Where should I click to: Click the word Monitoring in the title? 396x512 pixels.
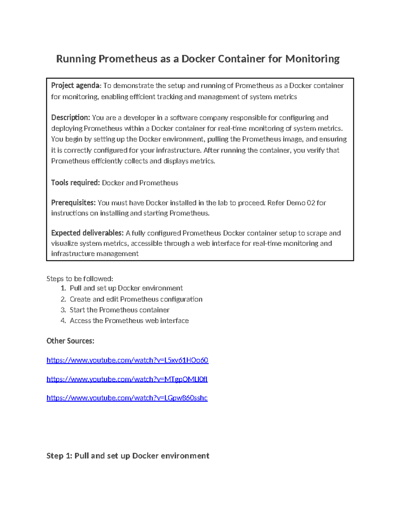(312, 59)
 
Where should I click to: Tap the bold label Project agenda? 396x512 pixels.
(75, 86)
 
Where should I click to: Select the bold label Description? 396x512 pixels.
(70, 118)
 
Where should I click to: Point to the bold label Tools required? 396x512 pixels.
(75, 183)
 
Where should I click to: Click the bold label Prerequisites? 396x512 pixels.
(73, 203)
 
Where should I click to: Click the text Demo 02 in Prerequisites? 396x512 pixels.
(301, 203)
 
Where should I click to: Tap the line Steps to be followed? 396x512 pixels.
(80, 279)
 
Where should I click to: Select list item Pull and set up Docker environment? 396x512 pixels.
(126, 288)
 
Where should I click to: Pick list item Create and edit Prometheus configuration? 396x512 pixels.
(136, 299)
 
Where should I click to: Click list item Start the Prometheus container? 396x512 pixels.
(119, 310)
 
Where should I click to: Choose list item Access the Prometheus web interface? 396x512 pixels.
(129, 321)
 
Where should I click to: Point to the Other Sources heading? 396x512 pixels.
(70, 341)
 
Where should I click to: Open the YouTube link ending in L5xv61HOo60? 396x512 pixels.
(127, 360)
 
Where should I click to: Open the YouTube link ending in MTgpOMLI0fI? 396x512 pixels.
(127, 379)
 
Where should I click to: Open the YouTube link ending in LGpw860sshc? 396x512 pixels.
(127, 398)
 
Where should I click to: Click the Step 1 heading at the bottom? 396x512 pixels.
(128, 456)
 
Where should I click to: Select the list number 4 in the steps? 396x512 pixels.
(63, 321)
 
